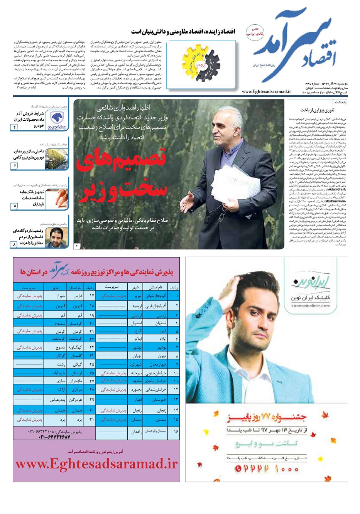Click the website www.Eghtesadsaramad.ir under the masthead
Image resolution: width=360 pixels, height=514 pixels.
pyautogui.click(x=266, y=91)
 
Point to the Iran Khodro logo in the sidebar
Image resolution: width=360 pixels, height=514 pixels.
pyautogui.click(x=58, y=120)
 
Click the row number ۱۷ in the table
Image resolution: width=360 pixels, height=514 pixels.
pyautogui.click(x=91, y=296)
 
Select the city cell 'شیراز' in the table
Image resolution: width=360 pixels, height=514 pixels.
pyautogui.click(x=61, y=296)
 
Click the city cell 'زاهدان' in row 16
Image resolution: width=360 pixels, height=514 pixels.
pyautogui.click(x=137, y=431)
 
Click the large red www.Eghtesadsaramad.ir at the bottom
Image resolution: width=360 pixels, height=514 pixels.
pyautogui.click(x=96, y=464)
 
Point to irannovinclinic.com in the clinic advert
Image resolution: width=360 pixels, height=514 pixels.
pyautogui.click(x=311, y=305)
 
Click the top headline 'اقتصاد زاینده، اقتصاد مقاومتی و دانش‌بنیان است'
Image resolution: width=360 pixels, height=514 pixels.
pyautogui.click(x=183, y=31)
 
